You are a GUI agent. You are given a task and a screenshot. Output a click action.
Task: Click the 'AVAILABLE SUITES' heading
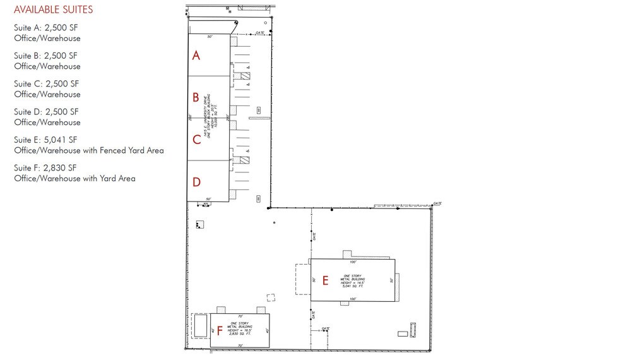53,10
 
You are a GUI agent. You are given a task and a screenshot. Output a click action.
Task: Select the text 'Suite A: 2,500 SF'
46,28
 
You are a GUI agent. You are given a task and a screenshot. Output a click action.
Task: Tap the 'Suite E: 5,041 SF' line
46,140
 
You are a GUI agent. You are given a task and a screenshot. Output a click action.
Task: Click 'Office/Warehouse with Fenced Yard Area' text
89,150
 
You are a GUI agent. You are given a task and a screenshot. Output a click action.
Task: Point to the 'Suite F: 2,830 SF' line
46,168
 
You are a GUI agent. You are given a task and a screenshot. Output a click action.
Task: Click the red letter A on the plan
196,56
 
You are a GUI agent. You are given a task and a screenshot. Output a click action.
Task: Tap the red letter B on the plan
196,97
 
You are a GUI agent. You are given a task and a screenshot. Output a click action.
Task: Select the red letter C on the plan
197,140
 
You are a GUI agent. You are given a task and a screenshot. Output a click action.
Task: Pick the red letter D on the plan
196,182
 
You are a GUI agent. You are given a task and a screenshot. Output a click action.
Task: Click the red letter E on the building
325,280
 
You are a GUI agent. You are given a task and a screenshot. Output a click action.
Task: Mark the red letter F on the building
220,330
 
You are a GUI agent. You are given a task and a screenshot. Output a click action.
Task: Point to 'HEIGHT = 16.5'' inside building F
240,330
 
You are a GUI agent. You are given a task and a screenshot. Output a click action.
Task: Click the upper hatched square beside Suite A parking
245,76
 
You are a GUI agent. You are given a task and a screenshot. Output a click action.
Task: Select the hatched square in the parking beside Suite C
245,160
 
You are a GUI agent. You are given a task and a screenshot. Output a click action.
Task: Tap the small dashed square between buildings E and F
271,297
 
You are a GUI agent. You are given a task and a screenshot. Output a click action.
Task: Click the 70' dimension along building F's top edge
240,316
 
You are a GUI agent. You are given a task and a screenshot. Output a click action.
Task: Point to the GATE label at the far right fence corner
437,203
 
